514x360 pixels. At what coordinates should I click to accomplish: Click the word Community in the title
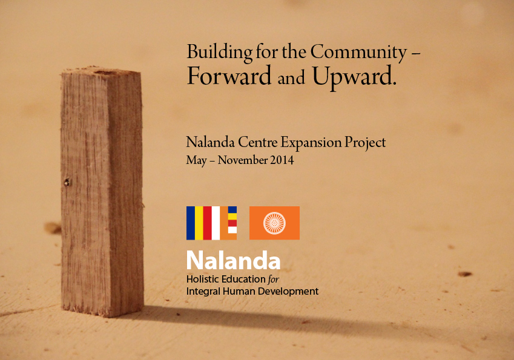(358, 53)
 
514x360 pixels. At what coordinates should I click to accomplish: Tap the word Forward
(229, 76)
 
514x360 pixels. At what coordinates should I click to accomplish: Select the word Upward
(354, 77)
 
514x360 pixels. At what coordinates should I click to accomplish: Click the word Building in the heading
(220, 53)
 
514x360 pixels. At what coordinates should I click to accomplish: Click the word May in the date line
(196, 161)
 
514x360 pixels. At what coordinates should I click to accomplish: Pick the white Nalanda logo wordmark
(234, 260)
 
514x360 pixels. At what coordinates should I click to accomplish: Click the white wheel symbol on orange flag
(274, 223)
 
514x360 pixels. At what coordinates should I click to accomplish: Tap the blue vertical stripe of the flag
(191, 223)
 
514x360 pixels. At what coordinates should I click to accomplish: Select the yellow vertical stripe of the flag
(199, 223)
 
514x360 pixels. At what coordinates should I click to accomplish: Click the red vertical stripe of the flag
(208, 223)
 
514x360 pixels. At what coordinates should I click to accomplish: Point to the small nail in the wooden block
(67, 182)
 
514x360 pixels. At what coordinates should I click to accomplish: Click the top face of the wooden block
(102, 71)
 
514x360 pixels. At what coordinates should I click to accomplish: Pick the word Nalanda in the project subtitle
(211, 143)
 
